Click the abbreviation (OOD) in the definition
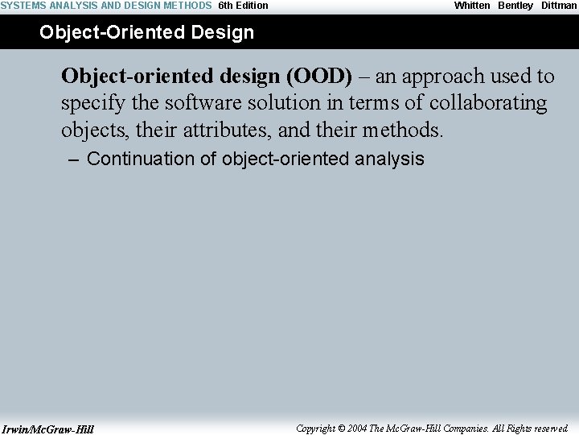pyautogui.click(x=318, y=77)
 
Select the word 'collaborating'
pyautogui.click(x=491, y=103)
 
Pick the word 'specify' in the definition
pyautogui.click(x=91, y=103)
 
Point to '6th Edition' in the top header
pyautogui.click(x=243, y=6)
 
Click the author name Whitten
pyautogui.click(x=472, y=6)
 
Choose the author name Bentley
pyautogui.click(x=515, y=6)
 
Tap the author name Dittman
pyautogui.click(x=559, y=6)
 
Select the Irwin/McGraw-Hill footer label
pyautogui.click(x=47, y=429)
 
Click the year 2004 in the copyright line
pyautogui.click(x=358, y=429)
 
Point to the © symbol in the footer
pyautogui.click(x=341, y=429)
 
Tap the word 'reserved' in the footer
pyautogui.click(x=551, y=429)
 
